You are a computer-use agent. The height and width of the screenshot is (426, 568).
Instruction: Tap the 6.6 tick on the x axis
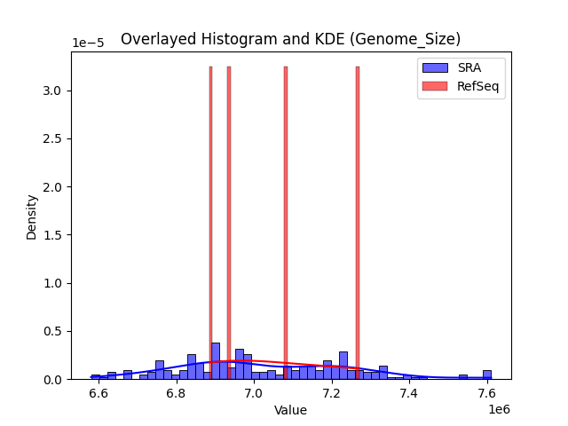pyautogui.click(x=99, y=393)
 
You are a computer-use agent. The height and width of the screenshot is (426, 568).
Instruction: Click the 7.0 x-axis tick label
pyautogui.click(x=254, y=393)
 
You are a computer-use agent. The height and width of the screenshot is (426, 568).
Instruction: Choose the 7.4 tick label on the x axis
pyautogui.click(x=409, y=393)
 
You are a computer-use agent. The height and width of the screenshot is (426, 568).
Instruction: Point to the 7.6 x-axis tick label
pyautogui.click(x=486, y=393)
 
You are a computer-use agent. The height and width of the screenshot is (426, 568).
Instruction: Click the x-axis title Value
pyautogui.click(x=290, y=410)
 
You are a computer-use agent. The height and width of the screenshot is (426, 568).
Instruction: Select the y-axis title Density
pyautogui.click(x=32, y=217)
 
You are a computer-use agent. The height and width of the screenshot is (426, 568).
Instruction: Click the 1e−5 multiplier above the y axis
pyautogui.click(x=87, y=43)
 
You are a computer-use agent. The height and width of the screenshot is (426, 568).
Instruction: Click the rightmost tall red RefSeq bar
pyautogui.click(x=358, y=222)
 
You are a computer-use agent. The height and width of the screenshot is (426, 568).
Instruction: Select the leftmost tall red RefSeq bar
pyautogui.click(x=210, y=222)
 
